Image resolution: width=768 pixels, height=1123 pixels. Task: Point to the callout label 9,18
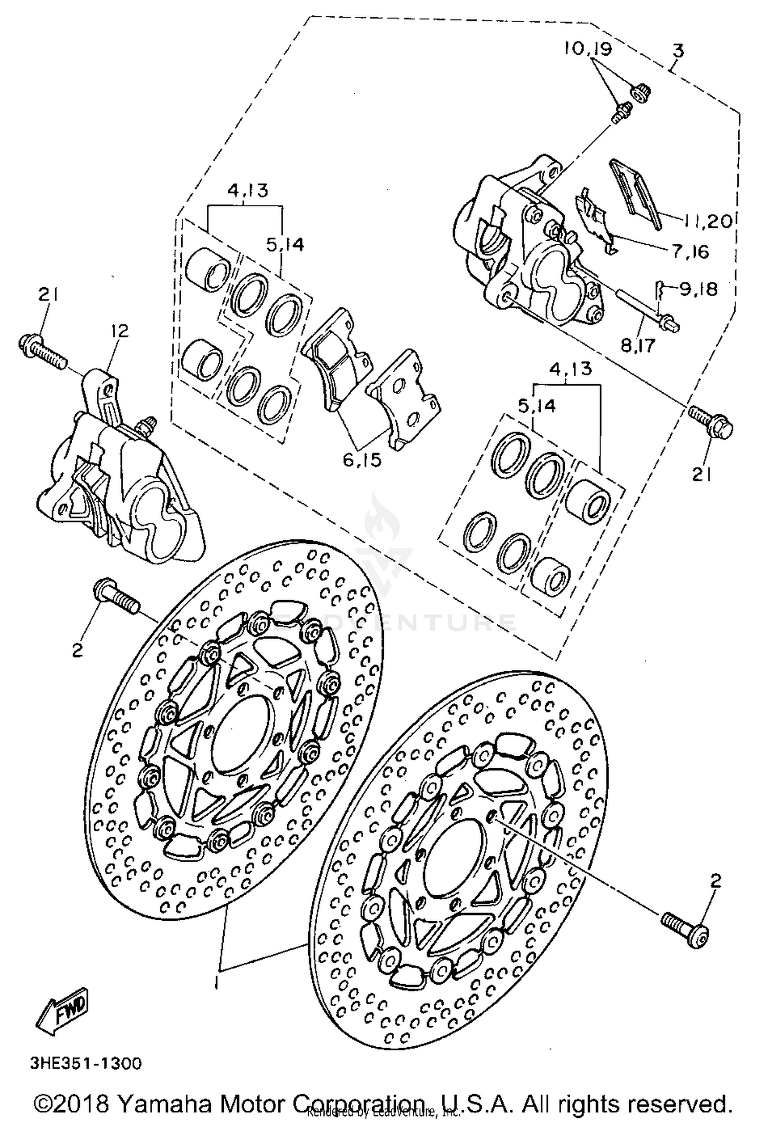point(698,289)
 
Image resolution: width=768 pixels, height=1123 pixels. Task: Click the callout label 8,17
point(638,346)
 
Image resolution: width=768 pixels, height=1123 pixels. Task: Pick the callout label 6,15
point(362,460)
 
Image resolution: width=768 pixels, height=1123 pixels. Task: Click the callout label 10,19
point(588,49)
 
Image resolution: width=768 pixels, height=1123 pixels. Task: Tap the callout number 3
point(678,51)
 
